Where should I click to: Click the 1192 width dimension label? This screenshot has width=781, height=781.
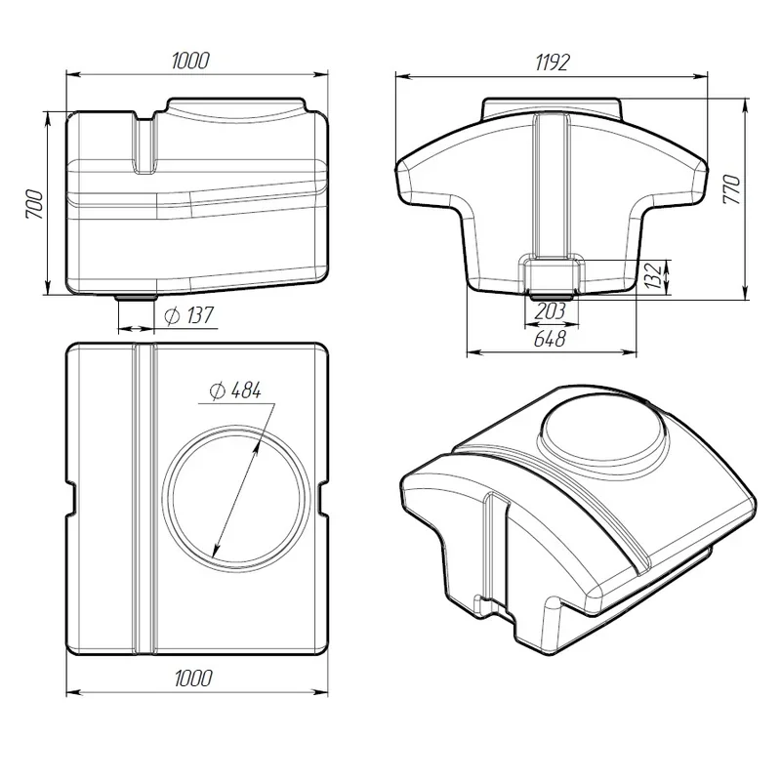coord(552,63)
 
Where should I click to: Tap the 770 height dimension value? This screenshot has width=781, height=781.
coord(732,188)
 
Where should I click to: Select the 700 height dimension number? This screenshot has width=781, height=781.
coord(35,204)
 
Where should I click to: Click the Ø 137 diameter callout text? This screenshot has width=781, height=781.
coord(188,315)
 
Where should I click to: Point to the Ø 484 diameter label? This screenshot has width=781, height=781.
coord(235,390)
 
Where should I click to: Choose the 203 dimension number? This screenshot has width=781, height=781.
coord(550,311)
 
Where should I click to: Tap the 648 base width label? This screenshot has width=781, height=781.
coord(550,339)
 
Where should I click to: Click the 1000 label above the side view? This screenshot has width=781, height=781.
coord(190,61)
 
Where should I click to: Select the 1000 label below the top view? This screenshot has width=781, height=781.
coord(193,678)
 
